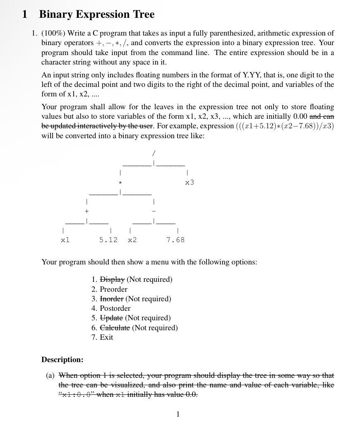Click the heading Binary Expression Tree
(96, 14)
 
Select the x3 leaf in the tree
(190, 182)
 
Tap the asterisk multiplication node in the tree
(120, 182)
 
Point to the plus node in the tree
(86, 211)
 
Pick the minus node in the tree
(154, 211)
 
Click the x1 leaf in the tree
(65, 240)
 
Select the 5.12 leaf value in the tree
(108, 240)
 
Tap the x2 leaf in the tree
(132, 240)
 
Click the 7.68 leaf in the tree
(175, 240)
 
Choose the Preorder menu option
(113, 289)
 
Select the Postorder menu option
(115, 308)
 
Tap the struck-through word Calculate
(115, 328)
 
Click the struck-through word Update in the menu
(111, 318)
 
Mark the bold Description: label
(62, 360)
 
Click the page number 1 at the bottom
(178, 414)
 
